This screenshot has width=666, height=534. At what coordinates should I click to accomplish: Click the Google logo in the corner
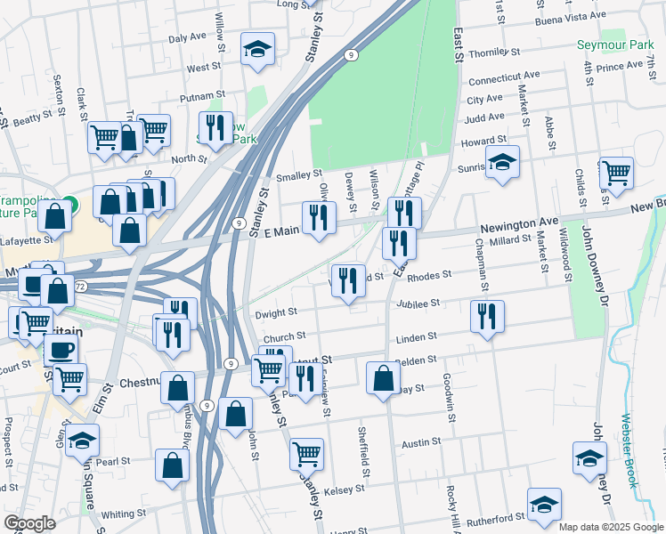click(x=29, y=523)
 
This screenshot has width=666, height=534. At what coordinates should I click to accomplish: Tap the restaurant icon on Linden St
click(x=486, y=317)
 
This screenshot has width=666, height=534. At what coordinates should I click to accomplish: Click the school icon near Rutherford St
click(x=543, y=504)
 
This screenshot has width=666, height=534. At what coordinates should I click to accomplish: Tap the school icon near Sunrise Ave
click(x=502, y=165)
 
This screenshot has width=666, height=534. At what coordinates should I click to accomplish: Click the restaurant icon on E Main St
click(x=318, y=218)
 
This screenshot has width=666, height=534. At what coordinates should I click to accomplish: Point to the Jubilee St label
click(x=423, y=303)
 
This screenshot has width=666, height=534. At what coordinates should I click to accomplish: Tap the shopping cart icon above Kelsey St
click(x=306, y=453)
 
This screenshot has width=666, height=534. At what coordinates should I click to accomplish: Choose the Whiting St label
click(x=124, y=514)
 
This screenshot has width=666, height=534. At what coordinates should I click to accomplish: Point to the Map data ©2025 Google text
click(x=610, y=527)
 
